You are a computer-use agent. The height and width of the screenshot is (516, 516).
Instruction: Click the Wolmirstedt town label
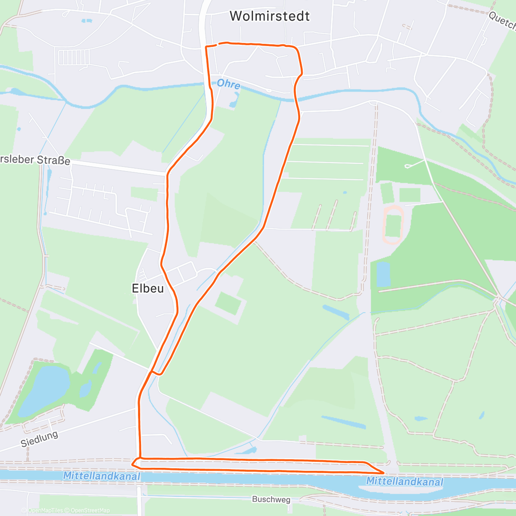[270, 16]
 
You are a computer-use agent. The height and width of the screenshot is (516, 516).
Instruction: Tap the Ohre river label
[228, 84]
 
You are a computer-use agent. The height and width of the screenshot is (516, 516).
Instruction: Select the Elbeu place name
[147, 288]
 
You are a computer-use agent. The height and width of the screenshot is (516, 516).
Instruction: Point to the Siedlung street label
[39, 439]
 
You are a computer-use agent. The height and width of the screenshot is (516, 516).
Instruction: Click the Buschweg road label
[271, 500]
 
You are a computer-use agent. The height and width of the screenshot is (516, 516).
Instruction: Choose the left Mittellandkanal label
[101, 476]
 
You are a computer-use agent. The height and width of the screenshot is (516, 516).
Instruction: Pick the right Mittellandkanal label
[404, 481]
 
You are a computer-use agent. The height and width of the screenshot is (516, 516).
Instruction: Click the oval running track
[393, 225]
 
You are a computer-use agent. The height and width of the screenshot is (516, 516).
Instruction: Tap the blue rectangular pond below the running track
[383, 274]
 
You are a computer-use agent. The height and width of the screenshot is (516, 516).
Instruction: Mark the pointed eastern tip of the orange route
[382, 473]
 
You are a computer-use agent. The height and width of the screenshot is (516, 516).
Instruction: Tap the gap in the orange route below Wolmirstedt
[216, 44]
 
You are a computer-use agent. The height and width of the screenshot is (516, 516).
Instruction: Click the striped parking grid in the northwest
[74, 57]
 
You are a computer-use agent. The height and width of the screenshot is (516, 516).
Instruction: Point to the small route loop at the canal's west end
[136, 463]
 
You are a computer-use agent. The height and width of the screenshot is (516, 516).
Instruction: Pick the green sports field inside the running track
[393, 225]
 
